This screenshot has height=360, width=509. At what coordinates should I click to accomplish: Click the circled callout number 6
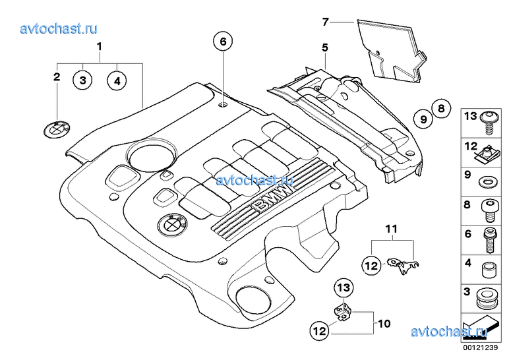tap(223, 42)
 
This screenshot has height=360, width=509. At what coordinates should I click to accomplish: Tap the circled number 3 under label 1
tap(82, 80)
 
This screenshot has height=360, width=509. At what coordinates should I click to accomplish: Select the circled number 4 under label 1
tap(117, 80)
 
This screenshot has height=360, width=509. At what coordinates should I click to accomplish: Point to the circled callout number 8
tap(441, 107)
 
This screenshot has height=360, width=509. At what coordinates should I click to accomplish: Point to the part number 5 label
tap(324, 47)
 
